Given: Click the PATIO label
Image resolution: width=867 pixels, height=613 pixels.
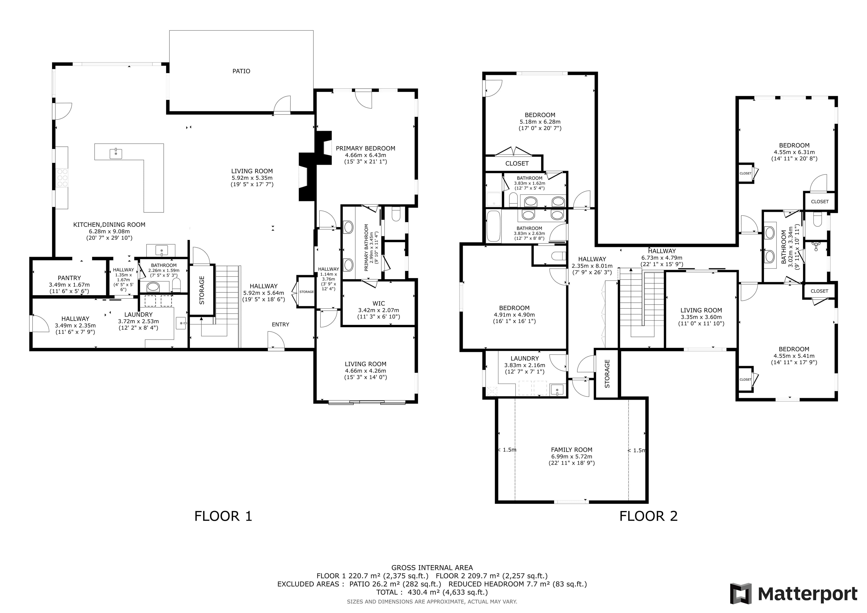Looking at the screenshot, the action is tap(241, 71).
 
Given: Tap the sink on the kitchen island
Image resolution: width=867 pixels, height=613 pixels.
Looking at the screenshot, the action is tap(116, 153).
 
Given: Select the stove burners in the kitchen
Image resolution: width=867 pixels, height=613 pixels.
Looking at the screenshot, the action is tap(62, 178).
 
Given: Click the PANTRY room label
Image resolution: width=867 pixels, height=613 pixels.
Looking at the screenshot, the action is tap(69, 278).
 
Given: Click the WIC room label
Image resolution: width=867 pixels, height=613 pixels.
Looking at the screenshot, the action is tap(378, 303).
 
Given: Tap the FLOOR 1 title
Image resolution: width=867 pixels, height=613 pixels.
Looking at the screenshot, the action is tap(223, 516).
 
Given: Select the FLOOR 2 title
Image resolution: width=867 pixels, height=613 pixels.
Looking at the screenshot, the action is tap(648, 516).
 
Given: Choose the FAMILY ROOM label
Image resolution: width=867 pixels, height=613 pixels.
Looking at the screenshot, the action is tap(571, 450).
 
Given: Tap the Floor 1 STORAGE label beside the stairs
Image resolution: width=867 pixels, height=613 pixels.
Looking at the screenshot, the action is tap(202, 290).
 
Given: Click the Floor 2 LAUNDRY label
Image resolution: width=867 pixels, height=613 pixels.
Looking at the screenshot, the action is tap(524, 359).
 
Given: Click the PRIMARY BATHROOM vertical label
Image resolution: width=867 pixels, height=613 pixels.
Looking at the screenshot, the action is tap(366, 248).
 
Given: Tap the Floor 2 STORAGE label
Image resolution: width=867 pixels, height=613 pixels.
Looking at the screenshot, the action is tap(607, 373).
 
